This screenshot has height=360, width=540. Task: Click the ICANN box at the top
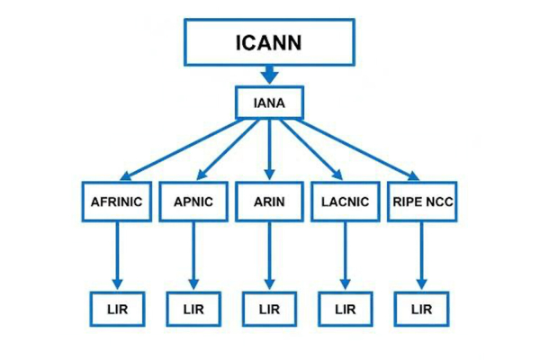269,41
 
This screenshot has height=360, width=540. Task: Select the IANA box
269,103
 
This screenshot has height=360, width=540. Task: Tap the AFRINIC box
117,202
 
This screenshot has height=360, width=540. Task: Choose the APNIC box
193,202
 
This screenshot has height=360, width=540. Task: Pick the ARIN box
269,202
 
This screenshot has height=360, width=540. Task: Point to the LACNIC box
345,202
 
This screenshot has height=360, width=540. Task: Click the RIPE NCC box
421,202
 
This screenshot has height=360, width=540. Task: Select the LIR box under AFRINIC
117,309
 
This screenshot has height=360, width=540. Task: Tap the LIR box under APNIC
193,309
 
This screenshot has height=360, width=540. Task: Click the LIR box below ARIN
269,309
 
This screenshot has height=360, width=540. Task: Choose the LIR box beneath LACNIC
345,309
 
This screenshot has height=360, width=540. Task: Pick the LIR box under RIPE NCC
421,309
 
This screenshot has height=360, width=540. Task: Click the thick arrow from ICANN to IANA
269,75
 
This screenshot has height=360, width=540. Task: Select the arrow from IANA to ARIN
269,148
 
